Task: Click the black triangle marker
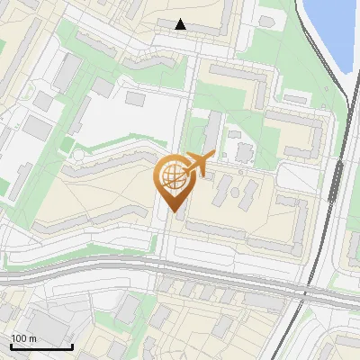point(181,25)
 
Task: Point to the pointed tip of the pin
point(174,213)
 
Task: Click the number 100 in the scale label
point(19,338)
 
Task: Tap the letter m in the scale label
point(32,338)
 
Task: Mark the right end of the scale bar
point(72,346)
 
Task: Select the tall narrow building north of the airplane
point(216,130)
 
